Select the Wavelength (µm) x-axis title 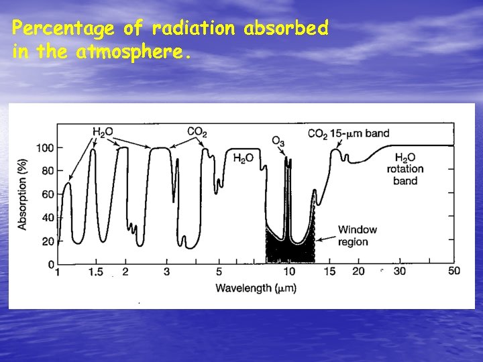coord(256,288)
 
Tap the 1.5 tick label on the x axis coord(95,271)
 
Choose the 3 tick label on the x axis coord(166,271)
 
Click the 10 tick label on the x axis coord(288,271)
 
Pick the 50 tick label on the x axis coord(453,271)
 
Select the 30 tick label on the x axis coord(400,271)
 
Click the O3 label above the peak coord(277,141)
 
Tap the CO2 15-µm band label coord(348,133)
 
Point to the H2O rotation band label coord(405,169)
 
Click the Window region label coord(357,235)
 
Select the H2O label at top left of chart coord(102,132)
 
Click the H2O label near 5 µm coord(243,158)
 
